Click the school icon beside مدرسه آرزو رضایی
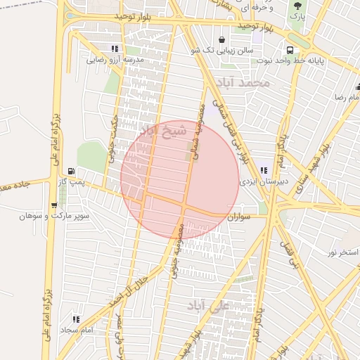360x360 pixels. coord(114,49)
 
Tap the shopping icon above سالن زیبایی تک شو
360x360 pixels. coord(223,39)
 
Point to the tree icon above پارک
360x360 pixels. coord(297,6)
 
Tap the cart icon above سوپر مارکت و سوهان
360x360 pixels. coord(54,205)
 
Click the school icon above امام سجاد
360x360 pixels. coord(76,319)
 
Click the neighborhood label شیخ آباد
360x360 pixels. coord(163,131)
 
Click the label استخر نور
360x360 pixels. coord(343,252)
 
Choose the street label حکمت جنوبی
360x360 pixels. coord(113,141)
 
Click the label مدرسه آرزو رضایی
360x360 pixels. coord(115,60)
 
